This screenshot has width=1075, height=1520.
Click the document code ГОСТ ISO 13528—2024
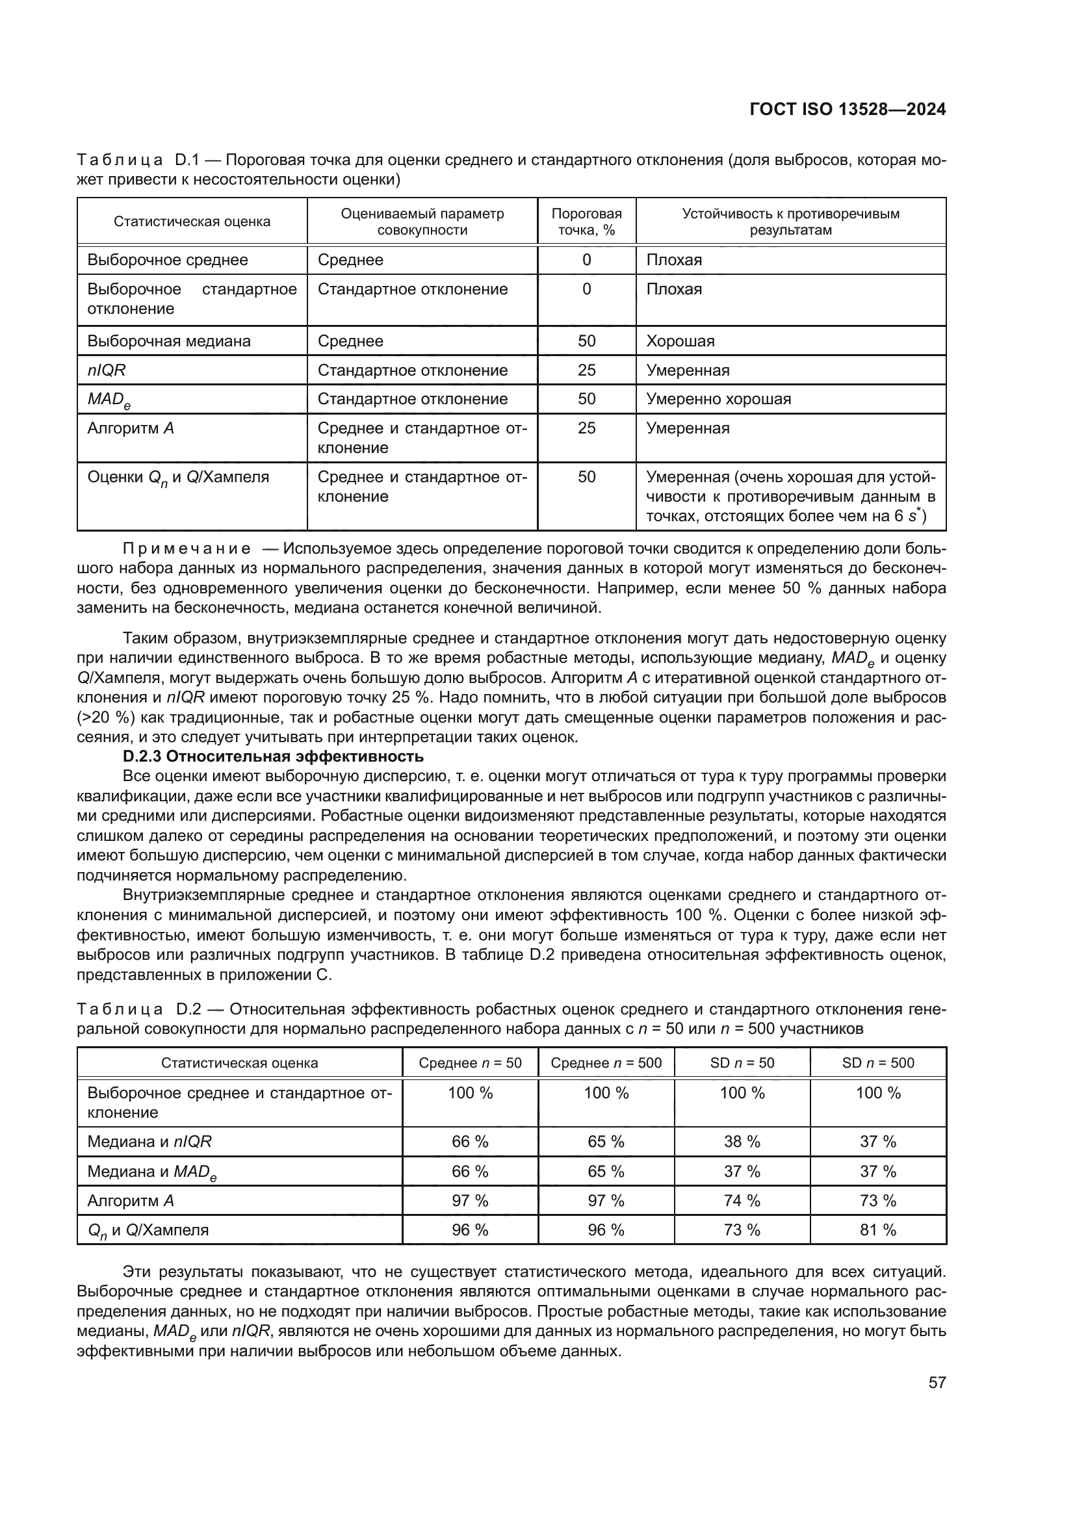pos(848,109)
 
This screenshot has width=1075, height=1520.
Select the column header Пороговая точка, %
pos(586,222)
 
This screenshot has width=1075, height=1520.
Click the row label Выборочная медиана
pos(169,341)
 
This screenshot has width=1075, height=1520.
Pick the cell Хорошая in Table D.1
pos(680,341)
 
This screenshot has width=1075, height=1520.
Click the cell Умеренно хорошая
pos(718,399)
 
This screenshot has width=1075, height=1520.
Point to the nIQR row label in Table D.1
pos(107,370)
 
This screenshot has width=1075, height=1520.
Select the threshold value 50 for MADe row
pos(586,399)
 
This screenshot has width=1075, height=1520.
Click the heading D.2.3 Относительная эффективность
pos(273,756)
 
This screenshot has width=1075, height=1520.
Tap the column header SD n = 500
pos(877,1063)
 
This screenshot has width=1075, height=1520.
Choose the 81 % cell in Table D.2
pos(877,1230)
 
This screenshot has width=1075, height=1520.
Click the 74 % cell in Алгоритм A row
pos(742,1200)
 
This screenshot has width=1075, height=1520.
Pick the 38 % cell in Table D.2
pos(742,1142)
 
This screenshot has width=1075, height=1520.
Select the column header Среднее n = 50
pos(470,1063)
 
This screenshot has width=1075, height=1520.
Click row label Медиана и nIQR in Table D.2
pos(149,1142)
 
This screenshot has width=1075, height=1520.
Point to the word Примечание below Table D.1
pos(187,549)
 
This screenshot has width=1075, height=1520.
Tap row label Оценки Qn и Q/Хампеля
pos(178,478)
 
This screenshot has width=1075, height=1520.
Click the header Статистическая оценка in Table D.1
pos(192,222)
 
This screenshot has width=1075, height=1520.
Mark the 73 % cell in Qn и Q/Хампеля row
pos(742,1230)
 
